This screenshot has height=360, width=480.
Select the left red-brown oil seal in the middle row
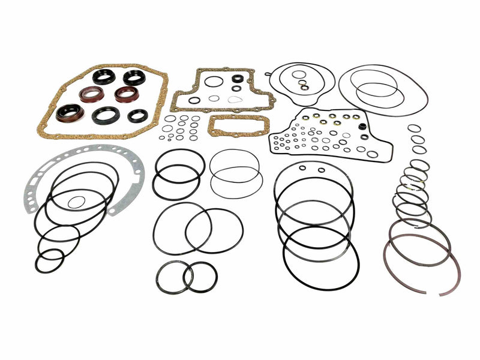coord(91,94)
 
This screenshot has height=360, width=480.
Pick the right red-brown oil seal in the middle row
coord(127,94)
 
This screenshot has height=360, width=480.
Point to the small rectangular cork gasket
coord(229,127)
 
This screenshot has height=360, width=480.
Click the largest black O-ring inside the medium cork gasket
coord(213,81)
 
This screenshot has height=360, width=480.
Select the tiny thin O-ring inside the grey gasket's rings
coord(76,202)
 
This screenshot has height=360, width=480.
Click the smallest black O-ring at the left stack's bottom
coord(49,260)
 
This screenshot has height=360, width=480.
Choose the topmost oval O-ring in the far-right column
coord(414,128)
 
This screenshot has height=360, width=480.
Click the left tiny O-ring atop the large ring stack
coord(302,168)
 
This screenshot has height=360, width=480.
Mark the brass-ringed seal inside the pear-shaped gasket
coord(305,88)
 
